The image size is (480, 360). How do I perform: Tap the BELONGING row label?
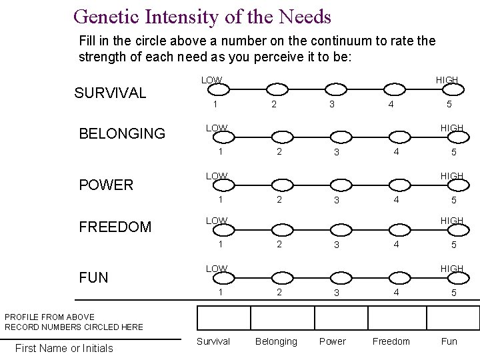pos(122,133)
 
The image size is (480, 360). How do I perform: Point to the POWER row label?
pos(106,185)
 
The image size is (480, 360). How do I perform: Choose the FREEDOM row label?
pos(115,227)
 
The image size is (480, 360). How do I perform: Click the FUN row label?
pos(93,277)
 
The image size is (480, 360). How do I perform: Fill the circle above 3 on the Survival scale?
pos(333,90)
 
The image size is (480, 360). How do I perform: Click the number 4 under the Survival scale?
pos(391,105)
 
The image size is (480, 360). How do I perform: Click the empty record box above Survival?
pos(223,317)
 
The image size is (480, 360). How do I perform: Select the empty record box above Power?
pos(341,317)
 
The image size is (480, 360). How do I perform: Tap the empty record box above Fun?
pos(453,317)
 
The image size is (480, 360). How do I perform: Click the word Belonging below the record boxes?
pos(276,341)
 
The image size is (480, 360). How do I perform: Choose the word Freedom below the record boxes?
pos(391,341)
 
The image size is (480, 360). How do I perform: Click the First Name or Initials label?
pos(64,348)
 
